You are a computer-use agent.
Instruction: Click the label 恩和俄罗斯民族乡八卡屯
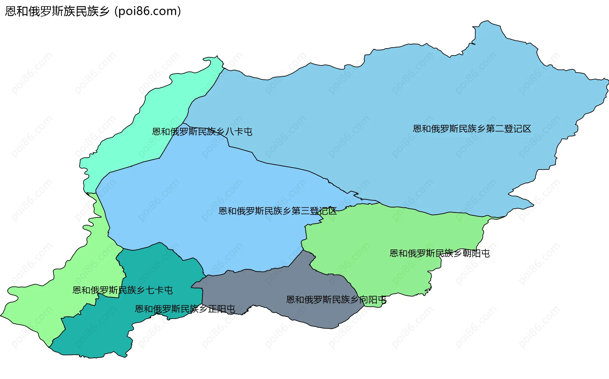click(202, 131)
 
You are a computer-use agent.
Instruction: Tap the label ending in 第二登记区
click(472, 129)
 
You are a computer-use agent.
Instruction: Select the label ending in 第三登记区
click(278, 211)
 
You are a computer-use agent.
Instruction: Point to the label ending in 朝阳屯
click(440, 253)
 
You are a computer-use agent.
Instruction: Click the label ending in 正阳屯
click(185, 309)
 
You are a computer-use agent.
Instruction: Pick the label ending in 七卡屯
click(122, 290)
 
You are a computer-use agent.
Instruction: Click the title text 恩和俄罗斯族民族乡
click(57, 11)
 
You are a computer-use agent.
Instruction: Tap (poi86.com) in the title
click(148, 11)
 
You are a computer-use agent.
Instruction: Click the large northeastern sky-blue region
click(412, 95)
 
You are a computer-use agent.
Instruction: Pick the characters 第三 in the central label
click(300, 211)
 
